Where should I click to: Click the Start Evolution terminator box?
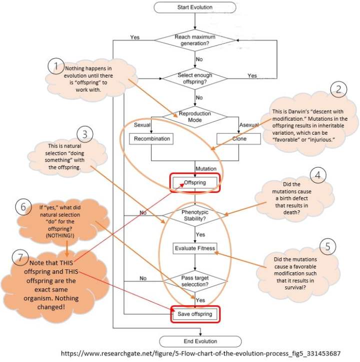click(x=194, y=8)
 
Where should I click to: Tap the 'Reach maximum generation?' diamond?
click(x=194, y=41)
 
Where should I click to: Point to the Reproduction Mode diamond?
click(x=194, y=117)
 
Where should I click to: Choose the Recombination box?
click(x=151, y=138)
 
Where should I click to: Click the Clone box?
click(x=239, y=138)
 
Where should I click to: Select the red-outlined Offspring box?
click(x=194, y=183)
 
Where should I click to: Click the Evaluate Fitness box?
click(x=194, y=248)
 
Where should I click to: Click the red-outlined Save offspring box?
click(x=194, y=314)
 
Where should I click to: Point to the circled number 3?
click(x=85, y=134)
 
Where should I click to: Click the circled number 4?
click(x=318, y=175)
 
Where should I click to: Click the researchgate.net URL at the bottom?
click(x=200, y=353)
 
